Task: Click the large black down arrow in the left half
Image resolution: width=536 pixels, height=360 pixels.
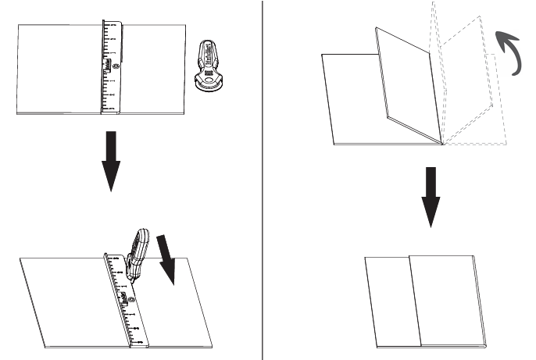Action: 112,159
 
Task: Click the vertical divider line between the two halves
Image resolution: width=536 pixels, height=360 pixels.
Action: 262,180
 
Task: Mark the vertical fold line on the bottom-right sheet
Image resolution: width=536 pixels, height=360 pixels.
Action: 415,301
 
